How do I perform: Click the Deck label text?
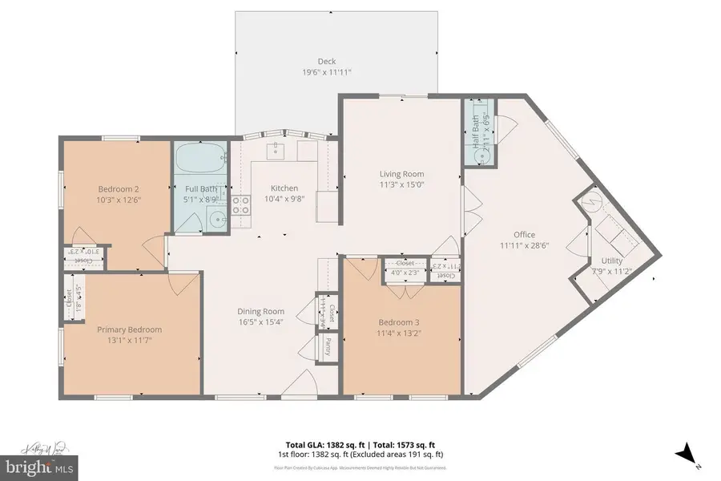coord(326,62)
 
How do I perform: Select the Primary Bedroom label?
coord(129,329)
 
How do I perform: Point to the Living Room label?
coord(401,174)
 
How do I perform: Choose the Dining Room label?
coord(261,312)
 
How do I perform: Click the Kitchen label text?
coord(284,187)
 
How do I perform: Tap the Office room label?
coord(518,235)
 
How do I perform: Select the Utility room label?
coord(611,261)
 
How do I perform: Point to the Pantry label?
coord(328,346)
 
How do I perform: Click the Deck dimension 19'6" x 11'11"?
coord(326,72)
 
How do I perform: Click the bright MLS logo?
coord(38,466)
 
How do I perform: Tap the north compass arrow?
coord(686,455)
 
